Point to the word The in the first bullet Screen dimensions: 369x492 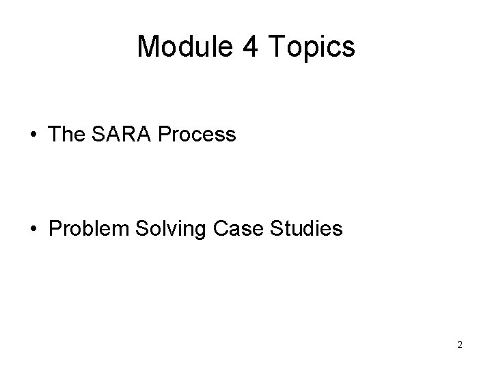tap(66, 135)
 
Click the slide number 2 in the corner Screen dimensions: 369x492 tap(460, 344)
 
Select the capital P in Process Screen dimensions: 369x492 tap(164, 135)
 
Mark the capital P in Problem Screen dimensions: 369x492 tap(55, 229)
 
